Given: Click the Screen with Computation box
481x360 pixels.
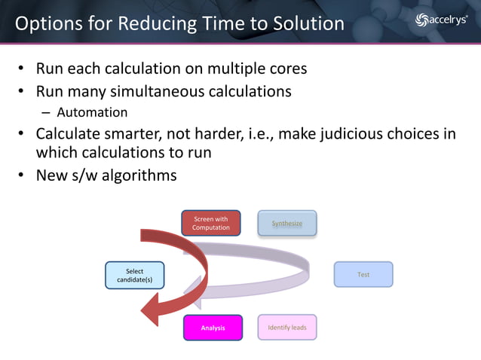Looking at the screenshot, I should click(210, 223).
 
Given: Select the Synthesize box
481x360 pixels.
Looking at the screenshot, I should click(286, 223).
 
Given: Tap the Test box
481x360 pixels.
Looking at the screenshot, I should click(363, 275).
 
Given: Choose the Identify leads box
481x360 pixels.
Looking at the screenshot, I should click(286, 328).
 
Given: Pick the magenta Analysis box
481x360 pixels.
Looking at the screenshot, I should click(213, 328).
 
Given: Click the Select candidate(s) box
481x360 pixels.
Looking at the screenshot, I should click(134, 275).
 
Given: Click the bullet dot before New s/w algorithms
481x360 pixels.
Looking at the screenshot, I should click(23, 176).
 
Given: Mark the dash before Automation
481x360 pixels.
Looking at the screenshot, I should click(45, 113).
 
